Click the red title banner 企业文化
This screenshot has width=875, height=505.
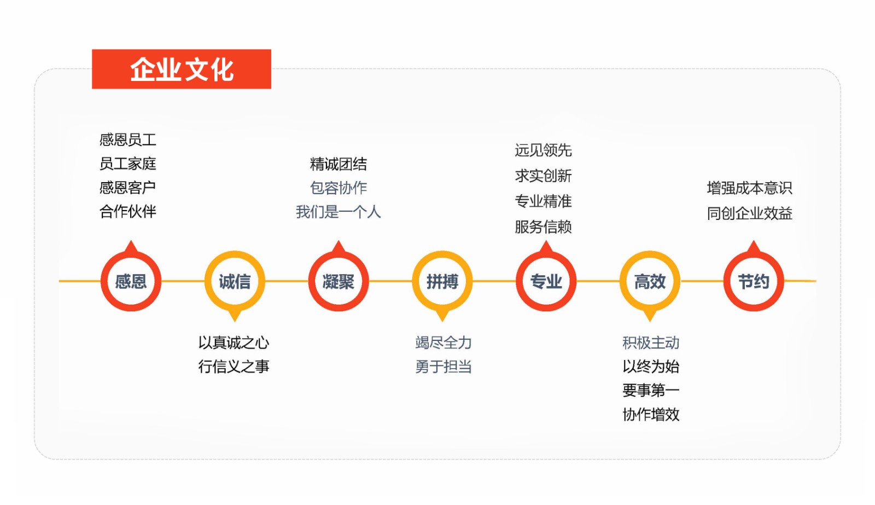(181, 69)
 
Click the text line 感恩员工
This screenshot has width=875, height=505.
(128, 140)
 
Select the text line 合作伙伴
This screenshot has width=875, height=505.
(128, 212)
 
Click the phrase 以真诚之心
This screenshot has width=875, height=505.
(234, 343)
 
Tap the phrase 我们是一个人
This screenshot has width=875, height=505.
(339, 212)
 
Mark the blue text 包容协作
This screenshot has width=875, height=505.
(339, 188)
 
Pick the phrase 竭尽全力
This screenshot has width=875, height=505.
(444, 343)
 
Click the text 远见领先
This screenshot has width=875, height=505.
(544, 150)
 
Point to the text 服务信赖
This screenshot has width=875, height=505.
(544, 227)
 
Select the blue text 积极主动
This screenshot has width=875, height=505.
(651, 343)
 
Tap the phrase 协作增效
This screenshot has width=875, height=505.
(651, 414)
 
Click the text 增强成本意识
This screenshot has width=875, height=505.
(750, 188)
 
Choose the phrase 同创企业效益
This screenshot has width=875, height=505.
(750, 213)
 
